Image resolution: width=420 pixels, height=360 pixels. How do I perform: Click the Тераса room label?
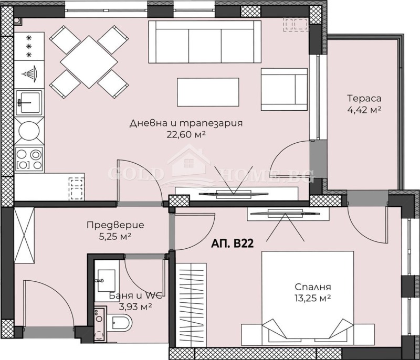[363, 98]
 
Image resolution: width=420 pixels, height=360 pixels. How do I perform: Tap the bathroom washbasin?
[107, 278]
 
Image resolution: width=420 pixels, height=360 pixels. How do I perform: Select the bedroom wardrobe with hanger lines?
[190, 305]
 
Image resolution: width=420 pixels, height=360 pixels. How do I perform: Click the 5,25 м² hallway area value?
[115, 236]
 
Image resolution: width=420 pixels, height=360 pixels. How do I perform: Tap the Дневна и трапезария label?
[186, 123]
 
